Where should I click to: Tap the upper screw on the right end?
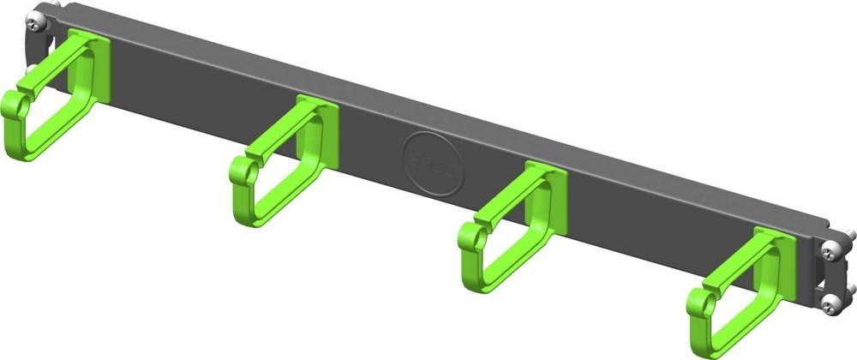831,250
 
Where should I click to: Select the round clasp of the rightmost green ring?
701,303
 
